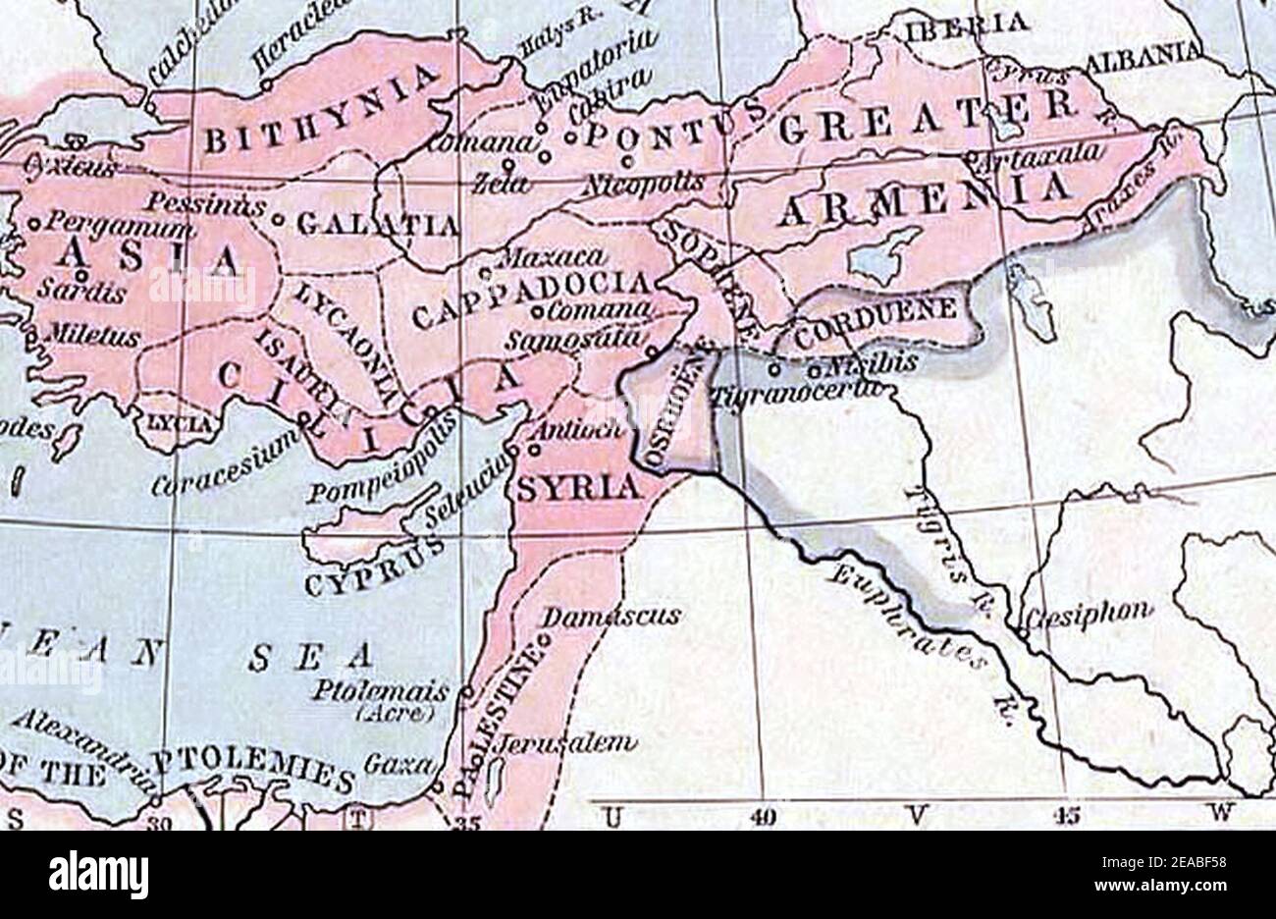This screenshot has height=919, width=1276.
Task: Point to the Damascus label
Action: coord(611,616)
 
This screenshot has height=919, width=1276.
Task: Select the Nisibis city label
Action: coord(873,363)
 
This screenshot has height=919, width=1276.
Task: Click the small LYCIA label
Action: coord(178,424)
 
